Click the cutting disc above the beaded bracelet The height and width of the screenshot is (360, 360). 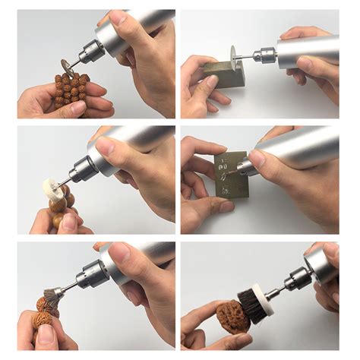click(69, 66)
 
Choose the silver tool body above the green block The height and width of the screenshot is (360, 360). click(311, 50)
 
